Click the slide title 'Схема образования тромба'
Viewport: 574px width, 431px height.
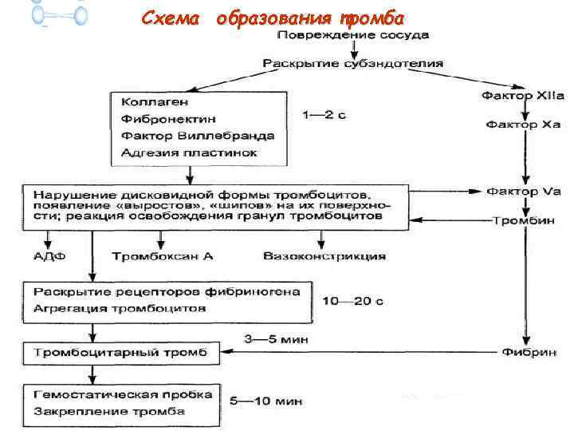(x=272, y=18)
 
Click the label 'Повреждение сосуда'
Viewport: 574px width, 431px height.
(x=353, y=36)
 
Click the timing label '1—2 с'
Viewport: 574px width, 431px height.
(x=324, y=117)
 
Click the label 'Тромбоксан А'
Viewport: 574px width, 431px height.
(x=164, y=256)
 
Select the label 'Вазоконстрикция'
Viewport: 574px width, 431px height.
(x=324, y=256)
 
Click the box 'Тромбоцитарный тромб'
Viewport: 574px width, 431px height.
(x=119, y=352)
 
